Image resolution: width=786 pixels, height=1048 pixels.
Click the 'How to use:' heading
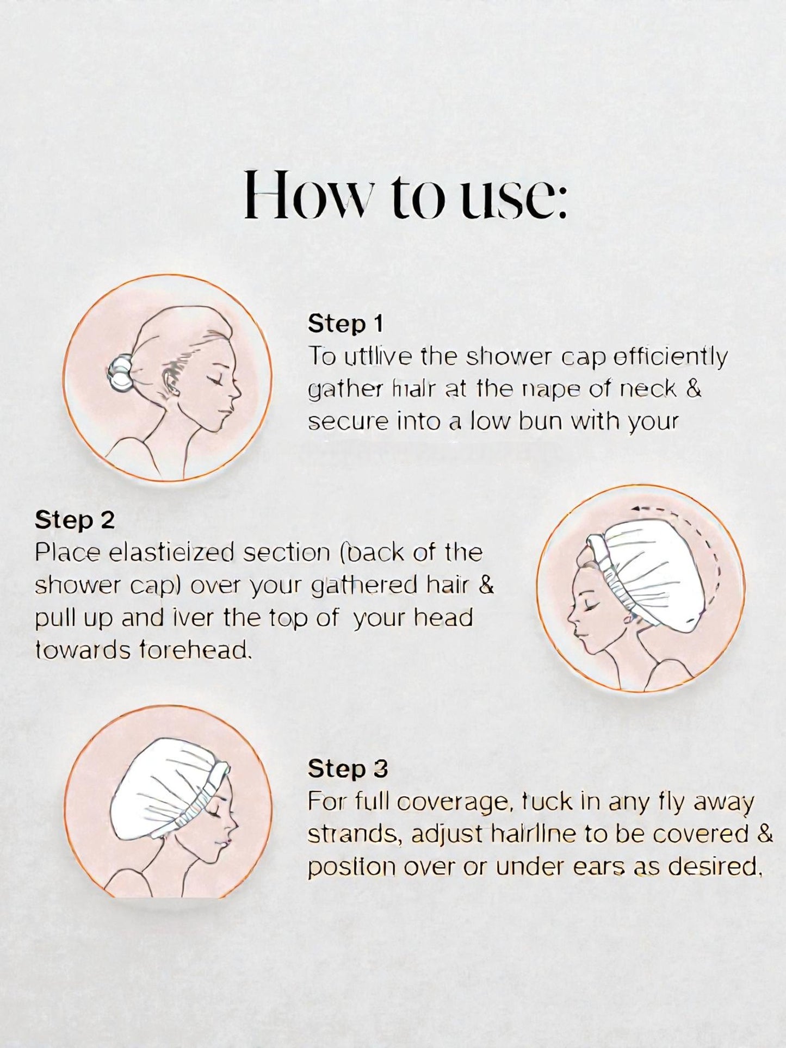pyautogui.click(x=405, y=194)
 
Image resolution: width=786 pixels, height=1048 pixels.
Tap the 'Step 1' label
pyautogui.click(x=345, y=324)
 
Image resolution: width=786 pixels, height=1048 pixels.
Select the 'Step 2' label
pyautogui.click(x=75, y=520)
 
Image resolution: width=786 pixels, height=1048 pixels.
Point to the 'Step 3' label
pyautogui.click(x=348, y=768)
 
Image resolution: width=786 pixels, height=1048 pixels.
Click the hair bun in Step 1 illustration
pyautogui.click(x=119, y=375)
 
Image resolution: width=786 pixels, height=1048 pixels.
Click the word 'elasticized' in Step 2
pyautogui.click(x=173, y=553)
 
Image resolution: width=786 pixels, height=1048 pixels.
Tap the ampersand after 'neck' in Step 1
pyautogui.click(x=694, y=389)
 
